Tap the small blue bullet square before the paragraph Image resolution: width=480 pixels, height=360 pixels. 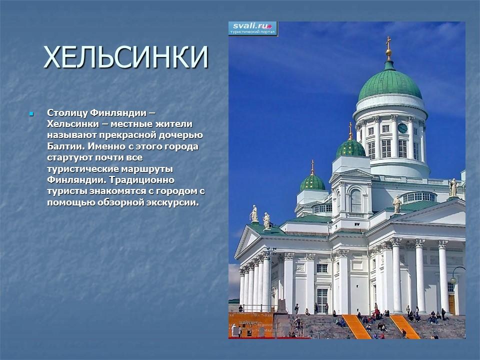click(31, 113)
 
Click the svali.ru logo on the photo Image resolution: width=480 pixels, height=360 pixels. click(253, 28)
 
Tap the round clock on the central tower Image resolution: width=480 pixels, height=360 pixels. click(402, 128)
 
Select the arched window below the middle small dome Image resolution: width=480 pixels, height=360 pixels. click(355, 200)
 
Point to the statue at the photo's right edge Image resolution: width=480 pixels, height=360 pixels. click(453, 187)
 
